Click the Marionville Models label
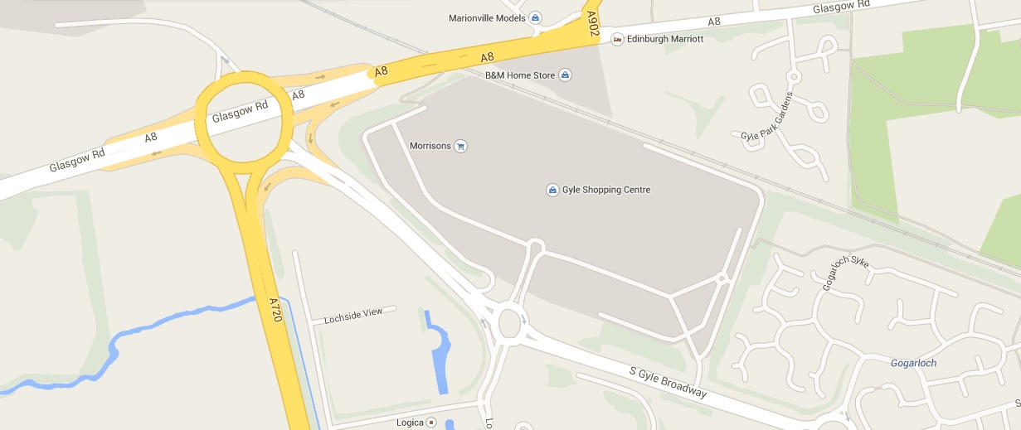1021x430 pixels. pos(488,17)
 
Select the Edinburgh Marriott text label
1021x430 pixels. pos(664,39)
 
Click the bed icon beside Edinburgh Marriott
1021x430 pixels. pos(616,39)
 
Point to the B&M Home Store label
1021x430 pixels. pos(519,75)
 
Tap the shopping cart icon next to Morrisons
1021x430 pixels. pos(462,146)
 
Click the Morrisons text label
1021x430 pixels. pos(430,146)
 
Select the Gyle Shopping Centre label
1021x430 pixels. pos(606,190)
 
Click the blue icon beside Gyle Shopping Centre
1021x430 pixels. pos(552,191)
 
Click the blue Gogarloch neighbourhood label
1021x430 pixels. pos(913,363)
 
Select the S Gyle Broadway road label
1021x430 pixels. pos(668,380)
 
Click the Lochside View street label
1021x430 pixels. pos(353,315)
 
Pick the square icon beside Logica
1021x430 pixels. pos(431,423)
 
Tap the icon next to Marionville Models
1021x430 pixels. pos(535,17)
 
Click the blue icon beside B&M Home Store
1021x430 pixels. pos(565,75)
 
